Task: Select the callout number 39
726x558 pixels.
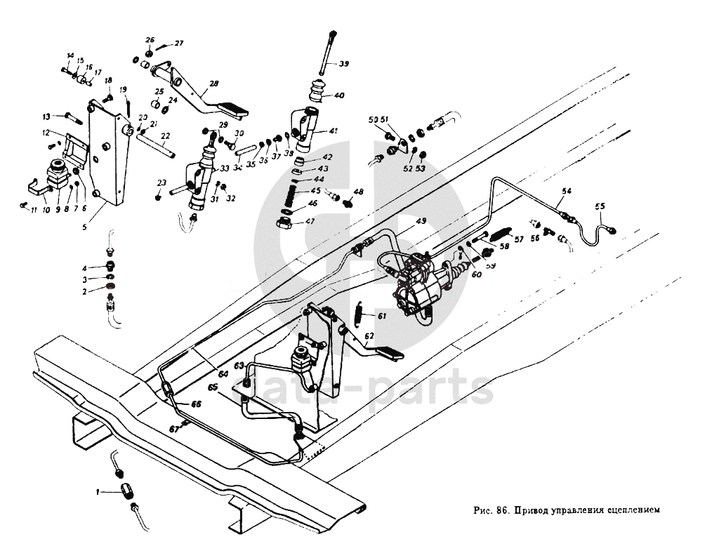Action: [x=343, y=64]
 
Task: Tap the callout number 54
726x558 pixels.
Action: [x=567, y=191]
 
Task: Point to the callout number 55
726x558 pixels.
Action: [x=599, y=207]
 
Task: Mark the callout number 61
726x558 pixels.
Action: [x=382, y=317]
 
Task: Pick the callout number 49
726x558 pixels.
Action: [x=421, y=221]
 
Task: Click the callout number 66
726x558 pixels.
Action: [x=196, y=404]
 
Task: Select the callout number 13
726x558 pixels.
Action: [x=47, y=117]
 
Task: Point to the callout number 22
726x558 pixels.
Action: [x=166, y=136]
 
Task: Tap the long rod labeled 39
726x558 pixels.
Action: [x=325, y=53]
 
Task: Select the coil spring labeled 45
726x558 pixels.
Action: [x=291, y=194]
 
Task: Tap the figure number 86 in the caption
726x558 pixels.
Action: [x=502, y=510]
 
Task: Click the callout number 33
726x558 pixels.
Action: [x=225, y=169]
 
